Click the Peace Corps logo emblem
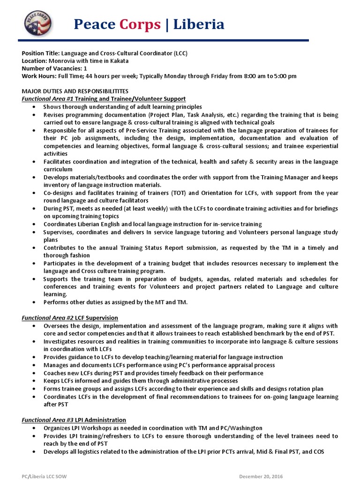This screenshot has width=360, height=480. [x=38, y=23]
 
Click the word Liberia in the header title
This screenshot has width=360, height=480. [x=199, y=24]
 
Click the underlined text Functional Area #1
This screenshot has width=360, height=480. [x=48, y=98]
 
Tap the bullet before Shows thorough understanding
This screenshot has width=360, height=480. [x=36, y=107]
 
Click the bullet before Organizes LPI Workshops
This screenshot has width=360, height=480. [x=36, y=428]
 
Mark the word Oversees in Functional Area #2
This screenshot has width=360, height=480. [x=56, y=326]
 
